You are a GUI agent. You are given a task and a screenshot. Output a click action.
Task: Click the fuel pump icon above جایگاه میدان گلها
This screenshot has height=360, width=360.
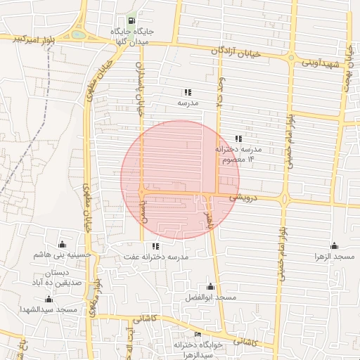coord(133,22)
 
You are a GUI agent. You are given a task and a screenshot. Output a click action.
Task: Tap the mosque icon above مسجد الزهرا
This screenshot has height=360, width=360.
coord(334,245)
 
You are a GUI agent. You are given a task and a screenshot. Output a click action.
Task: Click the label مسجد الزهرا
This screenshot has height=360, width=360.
coord(335,257)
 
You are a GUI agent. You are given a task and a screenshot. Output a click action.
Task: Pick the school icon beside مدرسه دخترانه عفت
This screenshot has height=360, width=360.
coord(155,246)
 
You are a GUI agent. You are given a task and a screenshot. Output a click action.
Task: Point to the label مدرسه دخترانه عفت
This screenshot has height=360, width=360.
coord(156,257)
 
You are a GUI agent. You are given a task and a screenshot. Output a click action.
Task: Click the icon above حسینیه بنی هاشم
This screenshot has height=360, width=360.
coord(62,245)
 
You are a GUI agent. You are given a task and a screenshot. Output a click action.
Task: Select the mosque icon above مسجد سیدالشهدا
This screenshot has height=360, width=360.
coord(61,299)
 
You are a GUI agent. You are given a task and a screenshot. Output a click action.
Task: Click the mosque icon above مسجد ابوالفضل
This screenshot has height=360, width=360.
coord(210,287)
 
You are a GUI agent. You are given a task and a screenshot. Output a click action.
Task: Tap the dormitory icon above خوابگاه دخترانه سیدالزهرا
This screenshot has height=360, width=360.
coord(198,334)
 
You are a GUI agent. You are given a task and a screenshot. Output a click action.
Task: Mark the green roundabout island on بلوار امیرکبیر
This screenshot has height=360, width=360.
coord(79,34)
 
